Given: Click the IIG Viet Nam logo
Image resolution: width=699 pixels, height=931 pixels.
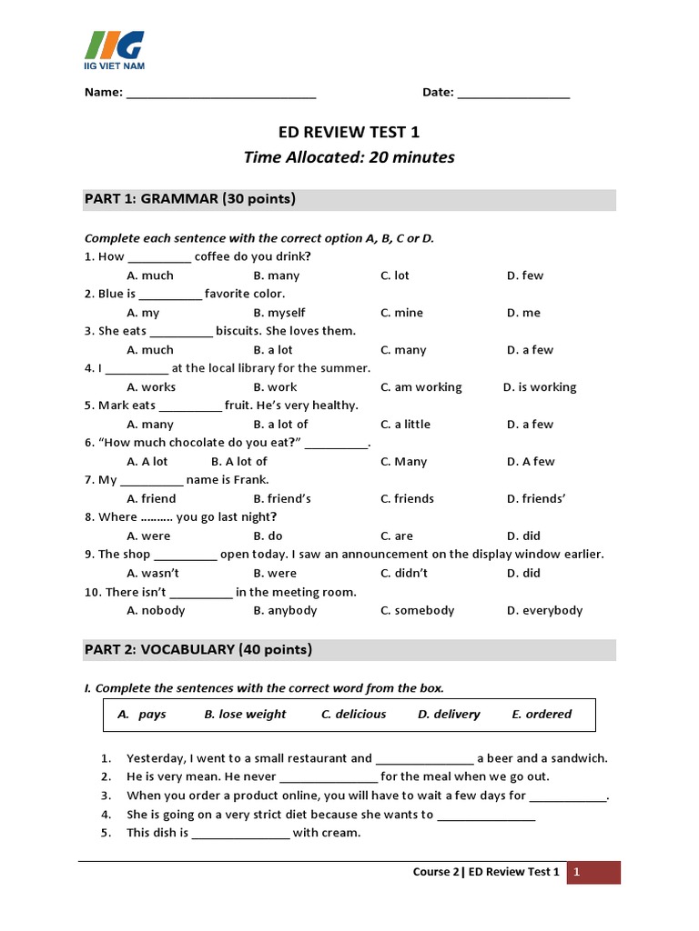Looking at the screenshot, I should (x=114, y=49).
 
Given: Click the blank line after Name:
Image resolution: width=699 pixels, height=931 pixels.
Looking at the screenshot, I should (x=221, y=94).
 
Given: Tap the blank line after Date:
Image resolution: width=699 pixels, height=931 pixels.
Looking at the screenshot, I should (x=513, y=94).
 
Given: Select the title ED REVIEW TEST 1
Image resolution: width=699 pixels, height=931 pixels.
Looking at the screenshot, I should (x=349, y=132).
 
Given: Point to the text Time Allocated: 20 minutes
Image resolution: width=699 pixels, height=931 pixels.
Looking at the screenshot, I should (x=349, y=157).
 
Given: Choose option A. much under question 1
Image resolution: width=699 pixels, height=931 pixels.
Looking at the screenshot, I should (x=150, y=275).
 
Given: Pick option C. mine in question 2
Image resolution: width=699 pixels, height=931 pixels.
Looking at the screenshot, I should (x=401, y=313).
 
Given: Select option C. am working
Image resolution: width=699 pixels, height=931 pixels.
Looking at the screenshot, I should (x=421, y=387).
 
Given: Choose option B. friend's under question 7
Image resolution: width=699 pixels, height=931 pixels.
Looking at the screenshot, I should (x=282, y=499).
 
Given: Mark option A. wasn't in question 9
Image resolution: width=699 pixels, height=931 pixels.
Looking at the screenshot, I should (x=153, y=574).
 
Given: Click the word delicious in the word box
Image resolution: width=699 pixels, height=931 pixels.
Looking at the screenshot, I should (x=354, y=715).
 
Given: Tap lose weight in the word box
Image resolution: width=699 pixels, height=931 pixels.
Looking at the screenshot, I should (x=245, y=715).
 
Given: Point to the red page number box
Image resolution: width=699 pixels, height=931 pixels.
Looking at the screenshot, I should (x=593, y=873).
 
